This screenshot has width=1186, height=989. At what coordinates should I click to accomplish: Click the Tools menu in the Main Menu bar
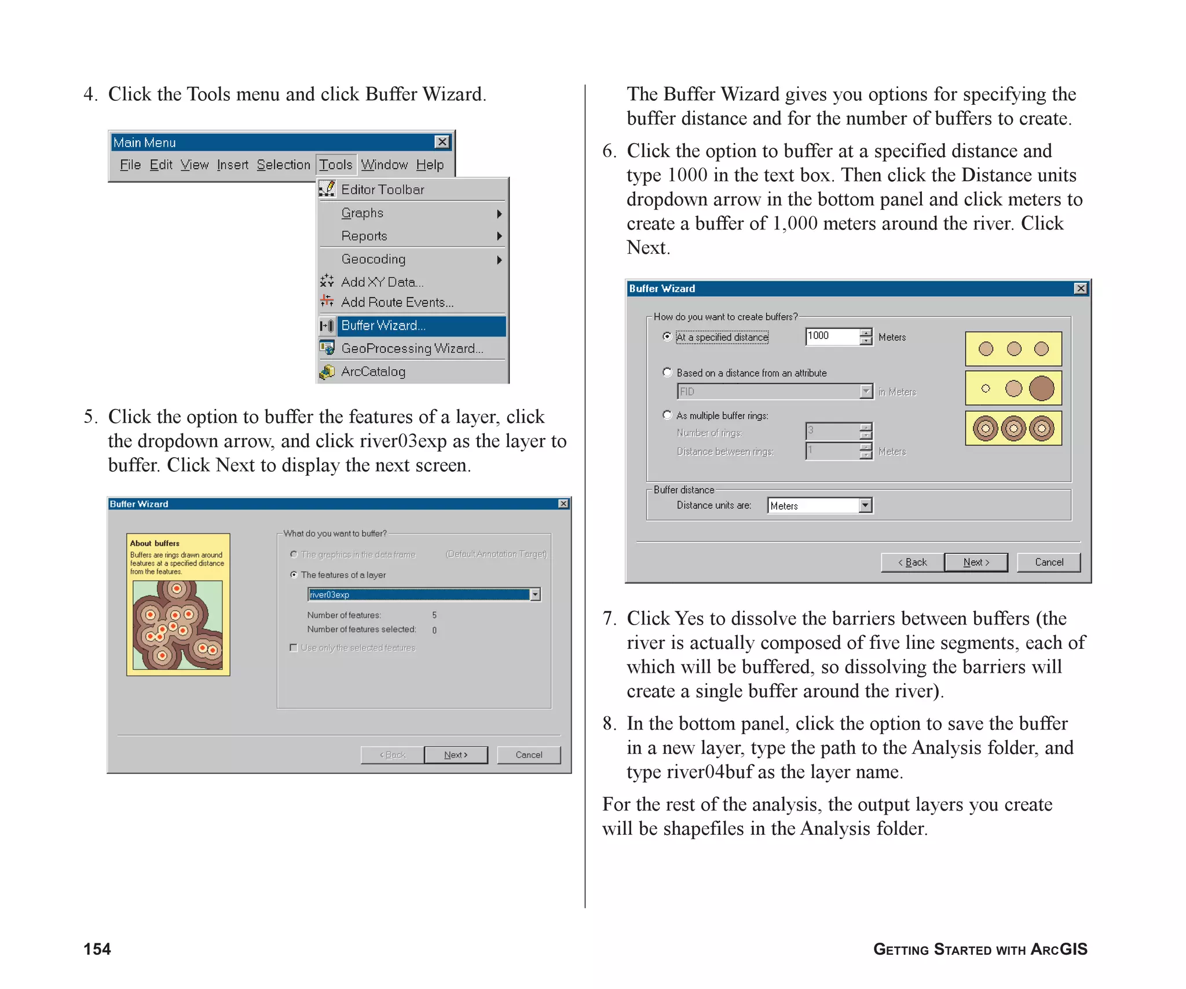click(x=336, y=165)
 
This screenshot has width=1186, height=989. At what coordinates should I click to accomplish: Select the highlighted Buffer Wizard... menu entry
click(x=383, y=326)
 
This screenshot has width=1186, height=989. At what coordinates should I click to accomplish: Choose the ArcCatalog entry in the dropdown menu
click(x=373, y=371)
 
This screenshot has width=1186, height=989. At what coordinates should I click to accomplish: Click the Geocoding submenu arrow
click(x=499, y=260)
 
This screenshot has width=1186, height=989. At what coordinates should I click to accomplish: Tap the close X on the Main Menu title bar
click(x=442, y=142)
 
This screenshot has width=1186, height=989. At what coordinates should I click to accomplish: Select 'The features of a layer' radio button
click(x=294, y=575)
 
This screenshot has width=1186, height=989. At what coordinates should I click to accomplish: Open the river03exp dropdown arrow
click(x=536, y=594)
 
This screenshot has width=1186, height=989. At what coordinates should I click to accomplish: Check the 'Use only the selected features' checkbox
click(x=294, y=648)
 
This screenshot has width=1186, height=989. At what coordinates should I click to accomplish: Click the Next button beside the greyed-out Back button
click(x=456, y=755)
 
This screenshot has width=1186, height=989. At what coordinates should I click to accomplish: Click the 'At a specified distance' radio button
click(x=667, y=337)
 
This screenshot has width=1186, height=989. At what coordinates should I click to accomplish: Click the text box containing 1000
click(x=832, y=336)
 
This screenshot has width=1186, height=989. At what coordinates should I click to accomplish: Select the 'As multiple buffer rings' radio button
click(x=667, y=415)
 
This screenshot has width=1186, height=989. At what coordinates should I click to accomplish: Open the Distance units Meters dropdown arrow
click(x=865, y=505)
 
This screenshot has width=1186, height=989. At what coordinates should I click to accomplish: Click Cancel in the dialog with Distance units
click(x=1049, y=562)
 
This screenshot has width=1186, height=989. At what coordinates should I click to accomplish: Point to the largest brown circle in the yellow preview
click(x=1041, y=388)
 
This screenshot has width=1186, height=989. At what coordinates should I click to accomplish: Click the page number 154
click(x=97, y=949)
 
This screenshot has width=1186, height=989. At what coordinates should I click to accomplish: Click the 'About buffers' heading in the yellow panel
click(x=155, y=543)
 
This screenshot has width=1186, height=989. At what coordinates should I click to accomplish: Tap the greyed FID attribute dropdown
click(x=774, y=392)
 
